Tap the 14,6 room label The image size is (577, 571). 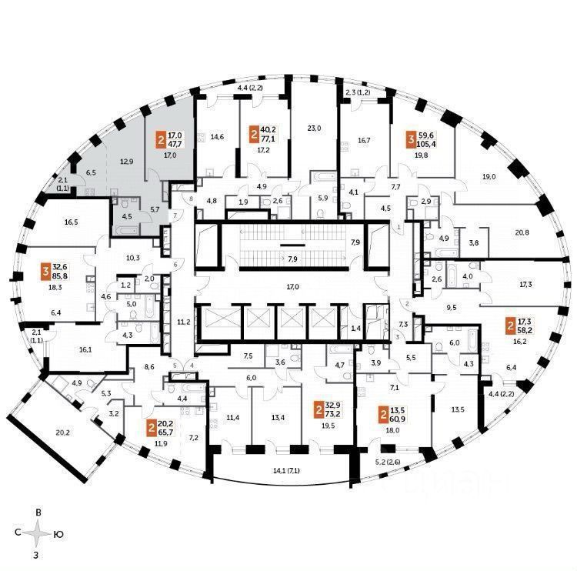point(217,137)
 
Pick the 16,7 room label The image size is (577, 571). point(365,141)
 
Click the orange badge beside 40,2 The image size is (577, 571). point(254,135)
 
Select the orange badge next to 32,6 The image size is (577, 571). point(47,270)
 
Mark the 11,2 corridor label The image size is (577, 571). point(183,322)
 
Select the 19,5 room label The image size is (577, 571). point(328,425)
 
